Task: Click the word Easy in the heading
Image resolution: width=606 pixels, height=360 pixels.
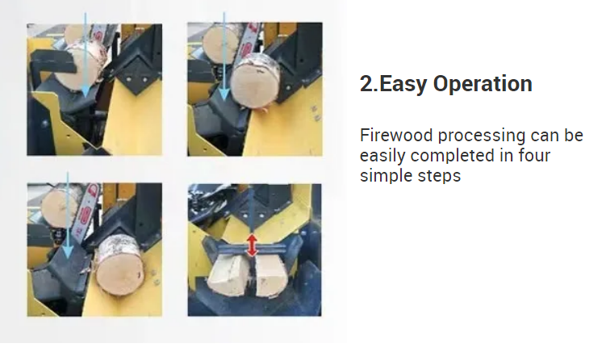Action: (x=403, y=84)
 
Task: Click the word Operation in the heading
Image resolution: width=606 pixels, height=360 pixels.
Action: (x=483, y=83)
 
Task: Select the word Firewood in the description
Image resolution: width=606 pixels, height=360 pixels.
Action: (x=396, y=136)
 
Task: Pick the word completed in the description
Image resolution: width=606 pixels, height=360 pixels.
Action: (x=452, y=157)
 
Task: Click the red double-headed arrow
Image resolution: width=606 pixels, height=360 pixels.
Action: (x=252, y=245)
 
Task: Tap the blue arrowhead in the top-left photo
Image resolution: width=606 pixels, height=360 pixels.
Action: (x=85, y=90)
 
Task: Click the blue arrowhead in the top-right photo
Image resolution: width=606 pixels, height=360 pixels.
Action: (x=224, y=94)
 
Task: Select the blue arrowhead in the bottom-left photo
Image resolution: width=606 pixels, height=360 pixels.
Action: (x=68, y=252)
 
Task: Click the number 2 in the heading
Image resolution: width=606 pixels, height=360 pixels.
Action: (x=366, y=84)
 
